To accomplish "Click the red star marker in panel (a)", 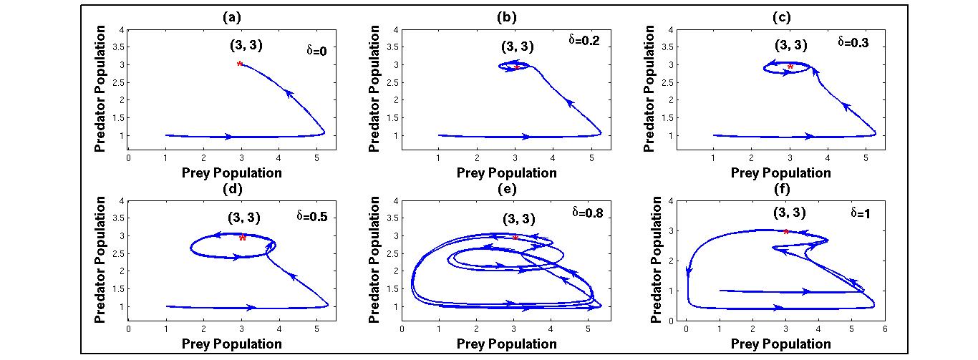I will click(x=240, y=64).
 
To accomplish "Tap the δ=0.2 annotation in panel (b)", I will click(x=583, y=40).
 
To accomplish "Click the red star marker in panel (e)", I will click(x=515, y=237).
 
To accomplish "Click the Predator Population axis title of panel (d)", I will click(x=100, y=260).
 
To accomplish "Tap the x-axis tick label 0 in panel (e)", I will click(x=402, y=329).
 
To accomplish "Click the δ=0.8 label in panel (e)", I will click(x=585, y=212).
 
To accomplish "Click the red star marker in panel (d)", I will click(x=243, y=238).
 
